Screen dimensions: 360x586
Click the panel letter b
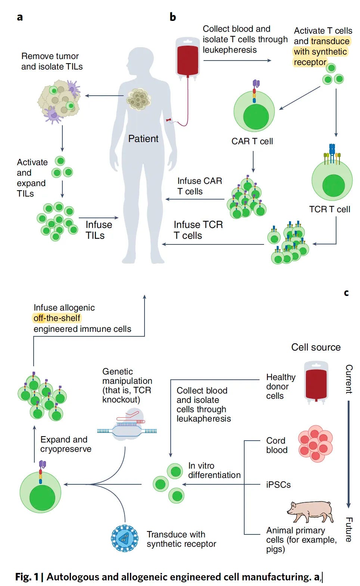click(x=173, y=17)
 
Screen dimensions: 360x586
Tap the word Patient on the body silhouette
click(x=143, y=139)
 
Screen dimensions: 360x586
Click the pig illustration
click(x=310, y=512)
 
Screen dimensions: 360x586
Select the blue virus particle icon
click(x=125, y=539)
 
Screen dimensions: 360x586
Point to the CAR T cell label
click(x=252, y=141)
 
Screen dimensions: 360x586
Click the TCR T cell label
click(x=330, y=209)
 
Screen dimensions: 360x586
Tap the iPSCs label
click(x=278, y=485)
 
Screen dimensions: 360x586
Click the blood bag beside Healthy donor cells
click(x=316, y=382)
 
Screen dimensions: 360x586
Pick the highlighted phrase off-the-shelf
click(x=57, y=318)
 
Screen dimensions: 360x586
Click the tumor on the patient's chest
click(x=139, y=99)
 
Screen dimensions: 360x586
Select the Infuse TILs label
click(x=99, y=230)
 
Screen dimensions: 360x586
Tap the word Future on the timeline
click(x=349, y=530)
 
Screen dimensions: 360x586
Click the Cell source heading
click(x=316, y=347)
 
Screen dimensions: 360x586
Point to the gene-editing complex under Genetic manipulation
click(x=127, y=424)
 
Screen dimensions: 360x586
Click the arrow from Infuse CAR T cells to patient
click(x=195, y=199)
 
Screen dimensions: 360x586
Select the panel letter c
click(x=347, y=293)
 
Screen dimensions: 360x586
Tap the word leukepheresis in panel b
click(x=230, y=50)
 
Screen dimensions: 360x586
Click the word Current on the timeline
click(x=349, y=379)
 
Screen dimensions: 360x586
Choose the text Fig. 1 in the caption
click(x=27, y=577)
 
